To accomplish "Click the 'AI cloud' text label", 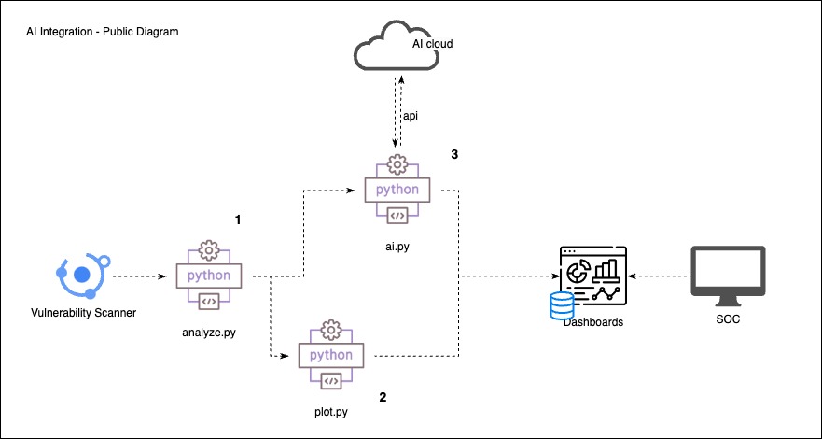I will [x=434, y=44].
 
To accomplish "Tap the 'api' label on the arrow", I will [x=409, y=115].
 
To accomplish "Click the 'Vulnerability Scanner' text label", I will [x=83, y=312].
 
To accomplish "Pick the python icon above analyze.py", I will [x=209, y=276].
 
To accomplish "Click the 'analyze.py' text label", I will [x=210, y=332].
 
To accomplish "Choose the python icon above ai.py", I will [x=397, y=189].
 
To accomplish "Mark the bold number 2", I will [x=383, y=397].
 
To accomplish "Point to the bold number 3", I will [x=453, y=153].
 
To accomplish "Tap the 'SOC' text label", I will [x=727, y=320].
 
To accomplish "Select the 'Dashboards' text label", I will [x=592, y=321].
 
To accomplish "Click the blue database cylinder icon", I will [x=562, y=305].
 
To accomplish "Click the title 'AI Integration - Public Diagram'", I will [x=103, y=32].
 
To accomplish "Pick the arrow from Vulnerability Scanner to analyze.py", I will [x=143, y=276].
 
